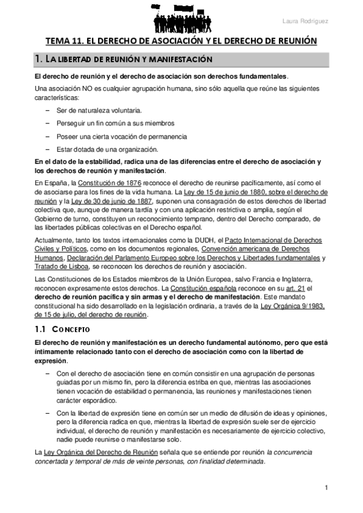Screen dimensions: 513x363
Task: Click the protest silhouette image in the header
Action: click(x=181, y=16)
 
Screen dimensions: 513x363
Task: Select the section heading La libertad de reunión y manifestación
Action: click(x=123, y=60)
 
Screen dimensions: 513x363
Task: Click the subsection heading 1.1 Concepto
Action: click(x=62, y=330)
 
